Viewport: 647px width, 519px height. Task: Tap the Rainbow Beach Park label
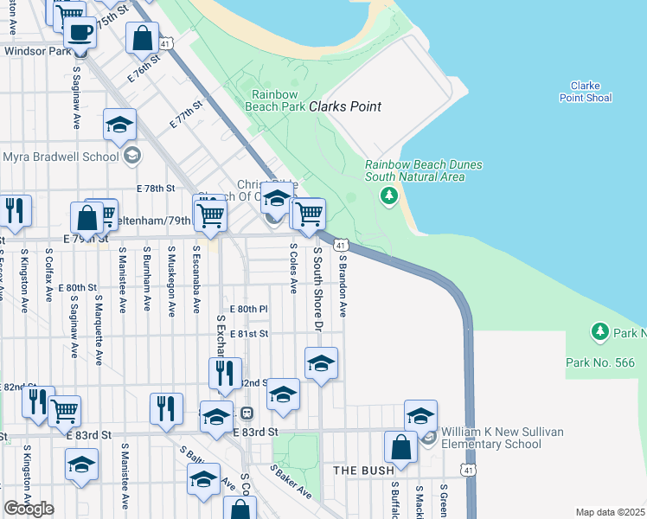click(x=279, y=100)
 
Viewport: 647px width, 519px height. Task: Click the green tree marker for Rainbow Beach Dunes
click(x=389, y=196)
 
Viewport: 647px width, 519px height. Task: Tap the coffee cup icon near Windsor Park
click(x=80, y=33)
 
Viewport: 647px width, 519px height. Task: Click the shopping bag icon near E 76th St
click(x=141, y=38)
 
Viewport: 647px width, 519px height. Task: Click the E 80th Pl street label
click(x=249, y=308)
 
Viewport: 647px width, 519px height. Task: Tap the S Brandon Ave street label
click(x=343, y=285)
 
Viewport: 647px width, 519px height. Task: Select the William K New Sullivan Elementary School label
click(x=491, y=438)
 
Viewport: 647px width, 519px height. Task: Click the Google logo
click(x=29, y=508)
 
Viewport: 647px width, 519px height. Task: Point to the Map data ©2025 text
click(x=609, y=512)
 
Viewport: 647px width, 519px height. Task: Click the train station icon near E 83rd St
click(x=247, y=414)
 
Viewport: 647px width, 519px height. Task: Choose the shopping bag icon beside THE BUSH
click(x=400, y=448)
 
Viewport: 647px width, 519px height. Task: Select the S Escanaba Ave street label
click(x=197, y=279)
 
